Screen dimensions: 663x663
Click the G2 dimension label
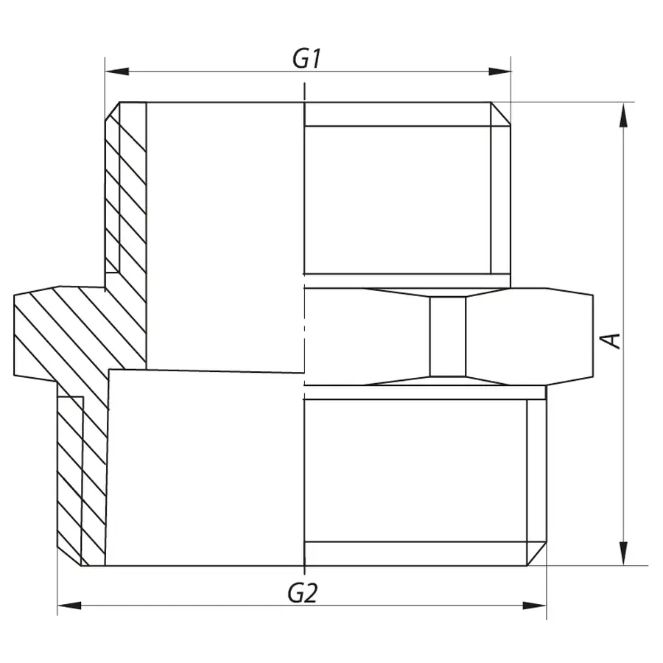[302, 592]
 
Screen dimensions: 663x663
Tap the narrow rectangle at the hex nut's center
[448, 337]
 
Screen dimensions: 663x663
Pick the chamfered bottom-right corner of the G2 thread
[536, 554]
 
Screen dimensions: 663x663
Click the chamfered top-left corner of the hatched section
[113, 113]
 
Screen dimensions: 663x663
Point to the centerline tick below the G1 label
[304, 92]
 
